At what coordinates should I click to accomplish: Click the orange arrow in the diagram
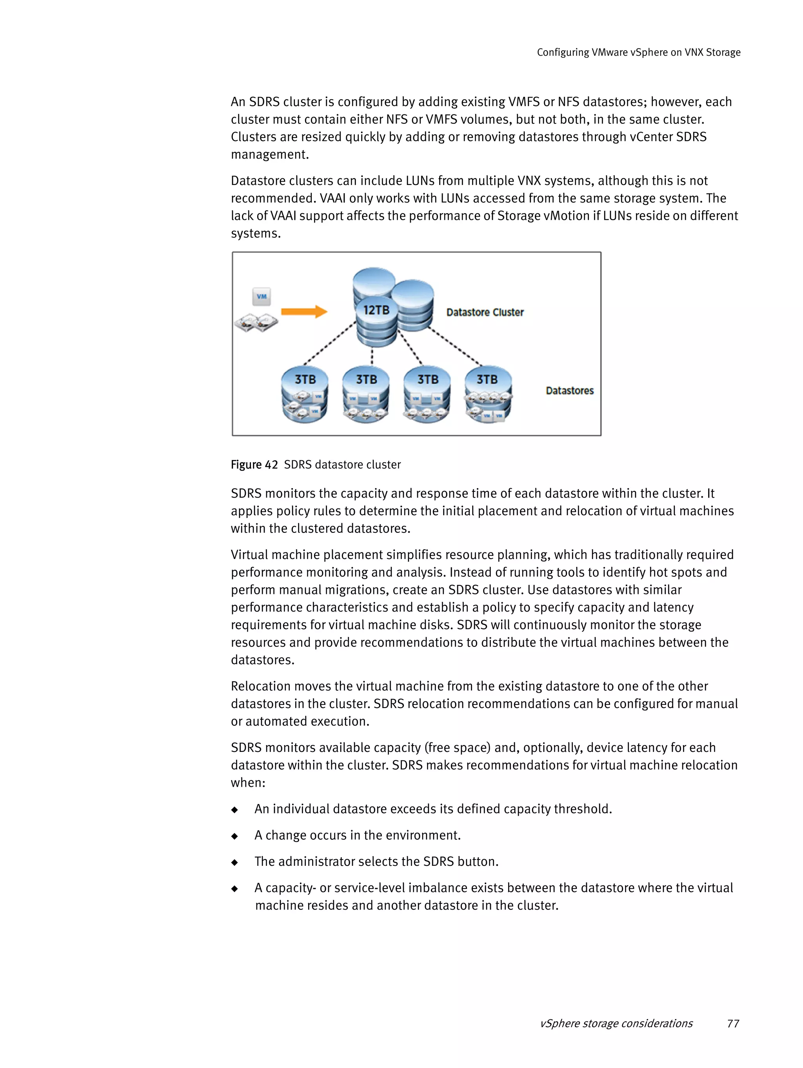(303, 311)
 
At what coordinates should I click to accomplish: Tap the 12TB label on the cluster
(376, 310)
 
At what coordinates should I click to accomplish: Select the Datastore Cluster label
(485, 312)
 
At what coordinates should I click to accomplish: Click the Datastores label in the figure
(569, 391)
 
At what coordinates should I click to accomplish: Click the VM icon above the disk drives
(262, 297)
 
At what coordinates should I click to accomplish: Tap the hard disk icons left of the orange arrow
(256, 322)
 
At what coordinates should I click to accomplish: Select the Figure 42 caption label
(254, 465)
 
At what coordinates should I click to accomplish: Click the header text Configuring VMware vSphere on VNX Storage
(638, 52)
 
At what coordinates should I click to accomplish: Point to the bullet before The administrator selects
(235, 862)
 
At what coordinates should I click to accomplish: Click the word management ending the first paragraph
(269, 154)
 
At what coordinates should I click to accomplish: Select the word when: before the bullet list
(248, 783)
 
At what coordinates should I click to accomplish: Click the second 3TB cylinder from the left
(366, 395)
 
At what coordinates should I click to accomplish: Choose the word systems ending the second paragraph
(255, 234)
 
